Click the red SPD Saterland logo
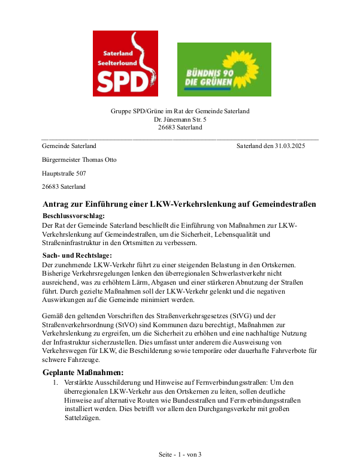coord(125,64)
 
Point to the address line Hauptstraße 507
coord(64,173)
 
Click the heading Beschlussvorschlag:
coord(74,215)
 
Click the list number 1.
coord(55,382)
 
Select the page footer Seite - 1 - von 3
coord(180,454)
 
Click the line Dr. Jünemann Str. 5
coord(180,119)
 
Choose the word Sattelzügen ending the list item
coord(81,418)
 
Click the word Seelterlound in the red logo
coord(120,62)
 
